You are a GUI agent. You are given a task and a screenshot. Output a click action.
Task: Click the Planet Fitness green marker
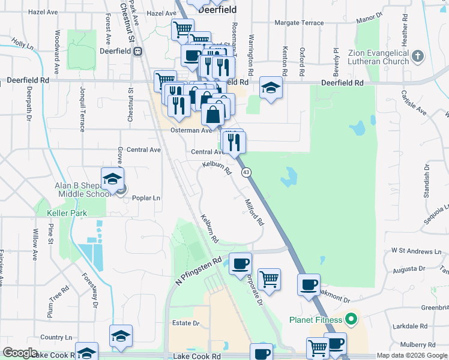click(x=353, y=319)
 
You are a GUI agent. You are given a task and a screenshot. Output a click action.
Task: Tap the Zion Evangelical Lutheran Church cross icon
click(x=418, y=57)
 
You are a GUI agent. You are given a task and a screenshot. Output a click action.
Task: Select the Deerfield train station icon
click(x=138, y=51)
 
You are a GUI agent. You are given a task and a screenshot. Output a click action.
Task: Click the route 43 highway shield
click(x=247, y=172)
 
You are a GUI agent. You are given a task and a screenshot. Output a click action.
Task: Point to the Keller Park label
click(x=68, y=213)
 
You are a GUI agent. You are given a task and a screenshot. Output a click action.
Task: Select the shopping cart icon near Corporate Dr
click(x=270, y=279)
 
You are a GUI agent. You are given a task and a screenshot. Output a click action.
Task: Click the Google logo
click(x=20, y=353)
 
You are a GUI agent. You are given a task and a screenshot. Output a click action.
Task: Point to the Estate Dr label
click(x=185, y=323)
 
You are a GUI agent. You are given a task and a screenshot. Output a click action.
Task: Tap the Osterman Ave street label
click(x=191, y=130)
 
